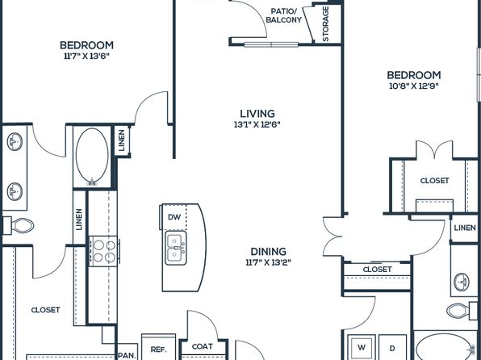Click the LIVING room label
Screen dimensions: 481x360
click(x=257, y=114)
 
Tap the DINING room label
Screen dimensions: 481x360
click(x=269, y=252)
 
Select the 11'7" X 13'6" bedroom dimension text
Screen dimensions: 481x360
click(x=87, y=57)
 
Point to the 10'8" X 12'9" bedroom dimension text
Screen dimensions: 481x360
click(x=414, y=86)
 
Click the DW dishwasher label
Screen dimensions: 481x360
click(x=174, y=217)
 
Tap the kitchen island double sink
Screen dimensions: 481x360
click(x=175, y=248)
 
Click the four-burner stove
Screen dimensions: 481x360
click(x=103, y=251)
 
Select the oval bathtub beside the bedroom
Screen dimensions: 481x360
click(x=92, y=157)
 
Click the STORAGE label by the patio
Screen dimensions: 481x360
click(x=325, y=24)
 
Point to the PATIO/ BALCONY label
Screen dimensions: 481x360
click(x=284, y=15)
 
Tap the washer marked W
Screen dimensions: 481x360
click(x=362, y=347)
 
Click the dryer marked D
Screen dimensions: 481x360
click(x=392, y=348)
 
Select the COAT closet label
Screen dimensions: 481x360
click(x=202, y=346)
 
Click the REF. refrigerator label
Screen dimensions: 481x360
click(x=159, y=350)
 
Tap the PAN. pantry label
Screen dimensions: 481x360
click(x=128, y=356)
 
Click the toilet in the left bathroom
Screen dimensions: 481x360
click(x=19, y=226)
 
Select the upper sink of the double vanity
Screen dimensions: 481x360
click(x=15, y=142)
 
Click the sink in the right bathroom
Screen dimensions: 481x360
click(x=462, y=282)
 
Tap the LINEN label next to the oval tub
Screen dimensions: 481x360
click(x=122, y=140)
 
